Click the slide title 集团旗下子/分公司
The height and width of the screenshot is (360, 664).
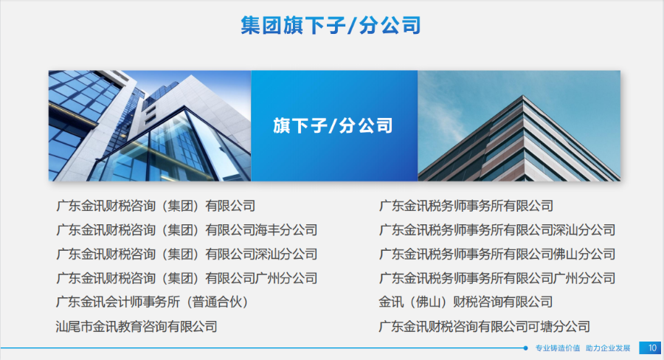coord(331,25)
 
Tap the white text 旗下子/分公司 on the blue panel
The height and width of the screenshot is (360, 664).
coord(333,126)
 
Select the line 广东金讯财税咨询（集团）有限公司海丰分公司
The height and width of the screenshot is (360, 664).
coord(187,230)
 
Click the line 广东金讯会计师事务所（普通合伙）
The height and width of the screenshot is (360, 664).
coord(152,302)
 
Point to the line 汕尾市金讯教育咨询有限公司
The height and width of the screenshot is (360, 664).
coord(136,327)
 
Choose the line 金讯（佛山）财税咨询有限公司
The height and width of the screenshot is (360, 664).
coord(466,302)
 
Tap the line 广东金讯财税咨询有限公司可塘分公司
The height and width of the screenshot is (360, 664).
coord(485,327)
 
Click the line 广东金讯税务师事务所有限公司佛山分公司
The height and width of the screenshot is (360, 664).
coord(497,254)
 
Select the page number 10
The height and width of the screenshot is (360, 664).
coord(652,347)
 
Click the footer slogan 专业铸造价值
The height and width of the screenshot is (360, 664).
coord(558,348)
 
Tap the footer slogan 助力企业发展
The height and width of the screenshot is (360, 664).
coord(608,348)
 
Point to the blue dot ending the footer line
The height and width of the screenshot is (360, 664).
coord(525,348)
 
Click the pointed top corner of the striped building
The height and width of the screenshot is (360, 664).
coord(523,96)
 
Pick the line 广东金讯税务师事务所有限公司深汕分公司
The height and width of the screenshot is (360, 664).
coord(497,230)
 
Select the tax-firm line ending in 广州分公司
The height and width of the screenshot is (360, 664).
coord(497,278)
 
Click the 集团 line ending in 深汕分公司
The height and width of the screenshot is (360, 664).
coord(187,254)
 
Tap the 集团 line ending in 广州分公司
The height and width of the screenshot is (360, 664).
coord(187,278)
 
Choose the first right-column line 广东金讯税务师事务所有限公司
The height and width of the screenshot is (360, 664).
coord(466,206)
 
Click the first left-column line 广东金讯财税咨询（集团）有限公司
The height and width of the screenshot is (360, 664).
coord(156,206)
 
